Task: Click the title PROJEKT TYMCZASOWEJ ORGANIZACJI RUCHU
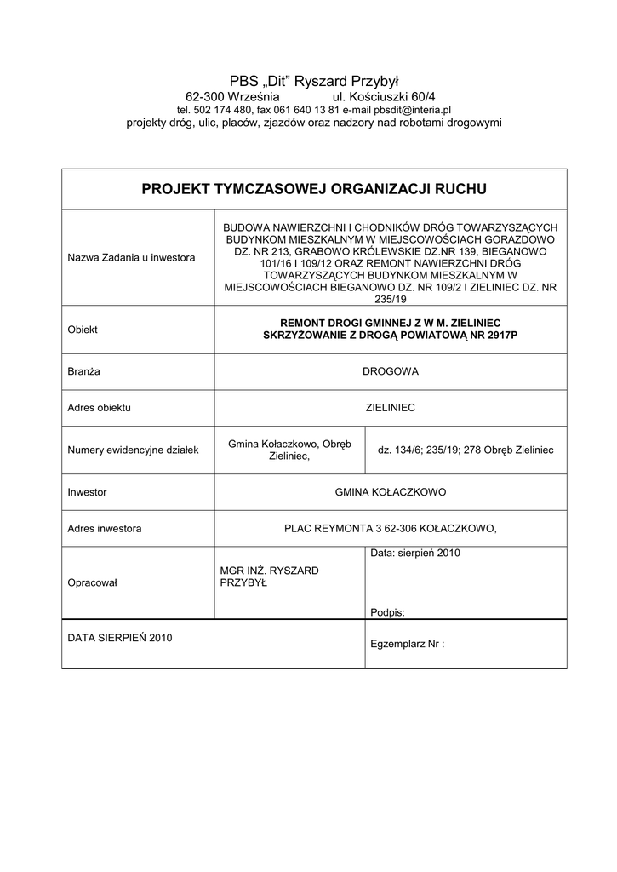[314, 188]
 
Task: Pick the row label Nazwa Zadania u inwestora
[131, 257]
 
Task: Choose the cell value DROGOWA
[391, 371]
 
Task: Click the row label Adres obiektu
[99, 408]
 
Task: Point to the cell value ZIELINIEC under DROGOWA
[390, 408]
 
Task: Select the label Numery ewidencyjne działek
[133, 450]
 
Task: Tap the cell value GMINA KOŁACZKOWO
[391, 492]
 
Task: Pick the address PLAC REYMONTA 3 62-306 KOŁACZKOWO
[389, 529]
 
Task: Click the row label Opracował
[92, 583]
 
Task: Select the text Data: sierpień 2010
[415, 554]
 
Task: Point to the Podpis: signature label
[388, 612]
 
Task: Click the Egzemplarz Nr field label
[408, 645]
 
